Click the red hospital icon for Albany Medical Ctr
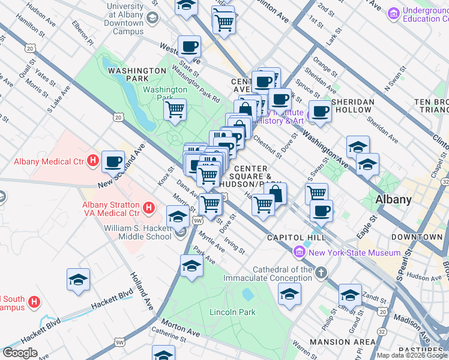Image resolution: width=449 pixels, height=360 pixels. tap(92, 160)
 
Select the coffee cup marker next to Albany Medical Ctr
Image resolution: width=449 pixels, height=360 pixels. tap(113, 161)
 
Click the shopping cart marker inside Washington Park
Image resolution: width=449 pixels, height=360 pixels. tap(175, 110)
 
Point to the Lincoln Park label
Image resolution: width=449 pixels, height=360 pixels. tap(232, 312)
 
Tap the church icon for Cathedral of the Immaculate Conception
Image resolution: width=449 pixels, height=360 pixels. tap(321, 274)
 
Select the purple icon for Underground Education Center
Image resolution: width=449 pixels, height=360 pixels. tap(394, 13)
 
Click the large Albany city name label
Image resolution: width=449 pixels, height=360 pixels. tap(393, 200)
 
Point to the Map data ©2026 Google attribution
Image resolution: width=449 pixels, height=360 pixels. tap(412, 355)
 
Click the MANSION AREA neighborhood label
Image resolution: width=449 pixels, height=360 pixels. tap(351, 343)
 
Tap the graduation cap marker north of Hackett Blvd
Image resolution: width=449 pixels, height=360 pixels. tap(78, 280)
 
